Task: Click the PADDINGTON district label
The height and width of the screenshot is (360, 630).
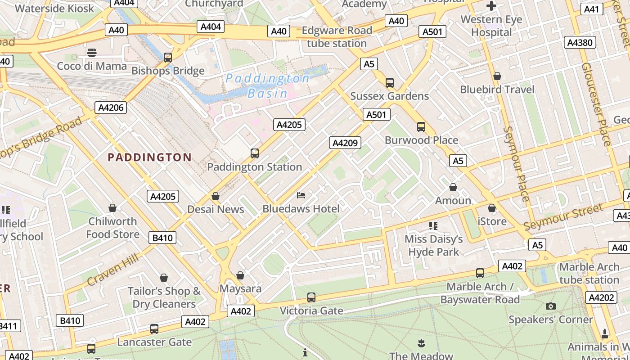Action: (x=149, y=157)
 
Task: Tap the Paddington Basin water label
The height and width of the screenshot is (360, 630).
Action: (x=267, y=86)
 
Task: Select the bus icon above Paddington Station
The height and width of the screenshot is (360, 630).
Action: (x=255, y=153)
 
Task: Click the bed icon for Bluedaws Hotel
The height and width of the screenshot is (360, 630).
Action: (x=301, y=195)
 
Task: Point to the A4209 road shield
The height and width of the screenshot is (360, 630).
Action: (x=345, y=143)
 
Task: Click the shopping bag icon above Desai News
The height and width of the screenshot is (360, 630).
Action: (x=216, y=196)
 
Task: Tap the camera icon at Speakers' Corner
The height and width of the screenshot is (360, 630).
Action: (x=550, y=306)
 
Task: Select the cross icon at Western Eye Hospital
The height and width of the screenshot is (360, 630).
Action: (x=491, y=6)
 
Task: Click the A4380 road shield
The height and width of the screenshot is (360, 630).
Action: (x=580, y=43)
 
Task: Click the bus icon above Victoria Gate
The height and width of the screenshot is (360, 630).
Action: (x=311, y=297)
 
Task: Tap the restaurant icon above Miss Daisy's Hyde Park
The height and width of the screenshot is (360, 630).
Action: (x=433, y=225)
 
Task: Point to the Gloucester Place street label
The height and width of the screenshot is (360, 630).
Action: (x=597, y=103)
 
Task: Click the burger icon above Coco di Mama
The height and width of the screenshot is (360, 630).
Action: (x=92, y=53)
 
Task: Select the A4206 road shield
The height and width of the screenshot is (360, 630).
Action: (x=110, y=108)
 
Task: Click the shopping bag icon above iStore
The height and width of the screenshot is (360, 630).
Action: (x=492, y=208)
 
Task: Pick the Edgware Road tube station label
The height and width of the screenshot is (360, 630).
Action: (x=337, y=37)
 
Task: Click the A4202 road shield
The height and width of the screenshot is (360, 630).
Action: (x=601, y=297)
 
